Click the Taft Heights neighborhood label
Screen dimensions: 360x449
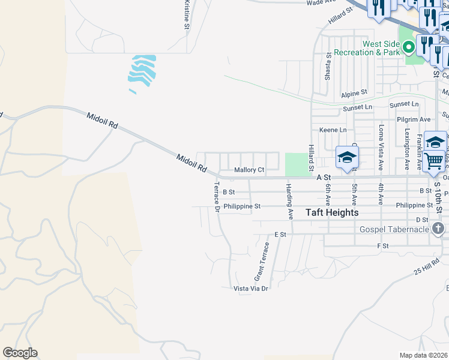[332, 212]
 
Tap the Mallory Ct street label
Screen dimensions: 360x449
[249, 170]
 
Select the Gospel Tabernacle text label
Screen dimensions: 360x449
[394, 229]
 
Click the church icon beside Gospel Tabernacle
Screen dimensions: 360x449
[438, 229]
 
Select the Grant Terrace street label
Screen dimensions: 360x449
[261, 262]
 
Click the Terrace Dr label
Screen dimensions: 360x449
[217, 196]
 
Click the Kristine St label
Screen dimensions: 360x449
[187, 14]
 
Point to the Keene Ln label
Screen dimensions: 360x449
[333, 130]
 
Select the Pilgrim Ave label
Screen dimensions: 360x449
[414, 119]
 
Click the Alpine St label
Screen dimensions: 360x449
[354, 94]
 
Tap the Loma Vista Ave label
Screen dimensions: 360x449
[381, 148]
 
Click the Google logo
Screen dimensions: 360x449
[20, 353]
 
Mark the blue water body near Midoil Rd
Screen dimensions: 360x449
[141, 70]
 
